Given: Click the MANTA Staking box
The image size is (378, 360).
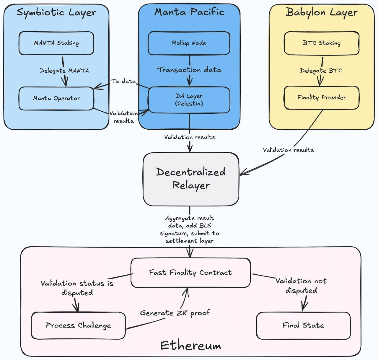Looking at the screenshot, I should coord(56,43).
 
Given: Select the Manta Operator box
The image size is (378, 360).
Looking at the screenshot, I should coord(56,98).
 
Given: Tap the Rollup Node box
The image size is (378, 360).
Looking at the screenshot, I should coord(189,43).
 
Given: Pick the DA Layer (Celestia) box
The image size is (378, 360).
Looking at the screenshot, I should coord(189,100).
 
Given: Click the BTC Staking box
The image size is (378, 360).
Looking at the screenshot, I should coord(322,43).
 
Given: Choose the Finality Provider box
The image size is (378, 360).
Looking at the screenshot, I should coord(322,97).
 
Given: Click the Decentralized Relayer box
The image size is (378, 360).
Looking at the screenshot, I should coord(191,179).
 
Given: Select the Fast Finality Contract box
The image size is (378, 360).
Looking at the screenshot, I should coord(190,273).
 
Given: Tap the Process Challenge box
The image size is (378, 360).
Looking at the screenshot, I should coord(78,325).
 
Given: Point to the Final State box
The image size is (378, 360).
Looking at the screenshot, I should coord(303,325).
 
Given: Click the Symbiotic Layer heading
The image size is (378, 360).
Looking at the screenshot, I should coord(56,12).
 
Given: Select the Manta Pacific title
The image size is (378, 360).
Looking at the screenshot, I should coord(189,12).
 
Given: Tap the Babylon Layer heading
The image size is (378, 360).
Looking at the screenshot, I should coord(322,12).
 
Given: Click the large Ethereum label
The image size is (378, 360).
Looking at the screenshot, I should coord(191,346).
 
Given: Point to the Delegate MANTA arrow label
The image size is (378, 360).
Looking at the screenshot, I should coord(64,71).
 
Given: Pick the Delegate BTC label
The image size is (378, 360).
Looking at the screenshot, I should coord(321,71).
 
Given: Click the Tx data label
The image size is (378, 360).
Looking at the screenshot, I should coord(123,81).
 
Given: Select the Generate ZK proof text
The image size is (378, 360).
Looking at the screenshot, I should coord(175,313).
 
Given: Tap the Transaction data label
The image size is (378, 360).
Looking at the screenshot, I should coord(189,70).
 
